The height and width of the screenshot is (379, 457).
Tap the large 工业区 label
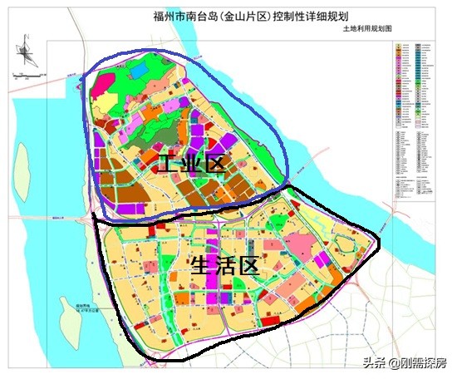189,164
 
